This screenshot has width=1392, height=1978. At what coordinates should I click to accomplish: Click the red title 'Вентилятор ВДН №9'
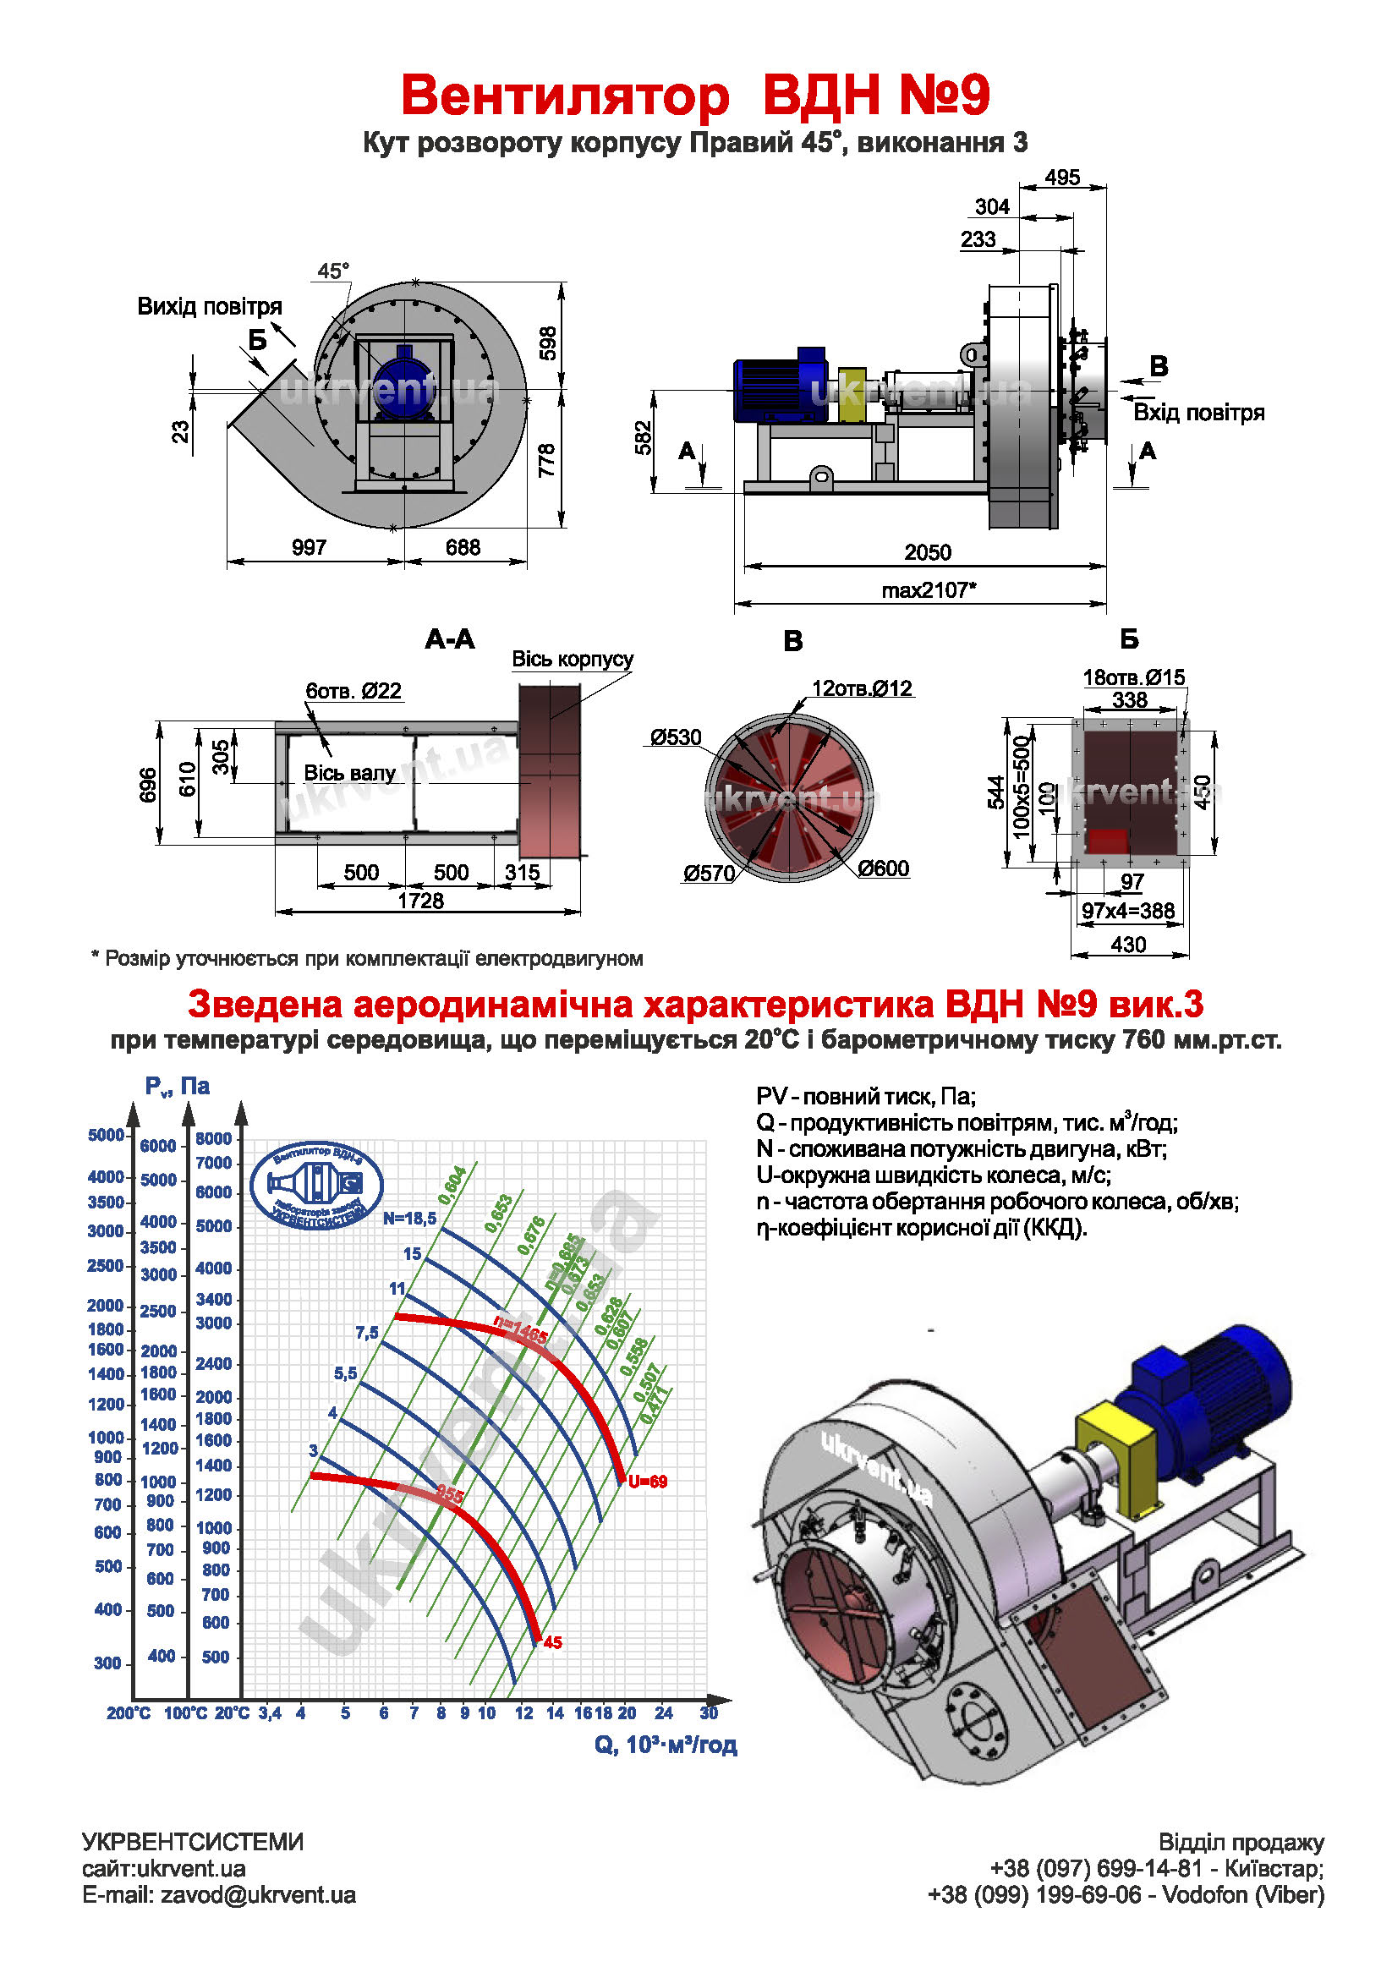tap(695, 95)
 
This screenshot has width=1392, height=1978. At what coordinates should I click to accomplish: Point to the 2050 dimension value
tap(927, 552)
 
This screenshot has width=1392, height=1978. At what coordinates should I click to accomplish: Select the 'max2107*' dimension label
tap(929, 590)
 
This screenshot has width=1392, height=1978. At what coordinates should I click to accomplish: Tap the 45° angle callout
tap(332, 271)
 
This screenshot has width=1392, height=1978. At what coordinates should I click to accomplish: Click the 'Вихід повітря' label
tap(210, 307)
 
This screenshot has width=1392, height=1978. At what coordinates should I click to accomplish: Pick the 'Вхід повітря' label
tap(1198, 413)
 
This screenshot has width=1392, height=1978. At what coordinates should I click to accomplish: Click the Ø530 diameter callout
tap(676, 737)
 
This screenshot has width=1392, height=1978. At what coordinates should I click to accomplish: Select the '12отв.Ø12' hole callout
tap(862, 688)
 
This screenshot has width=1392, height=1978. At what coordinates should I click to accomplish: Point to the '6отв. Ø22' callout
tap(353, 691)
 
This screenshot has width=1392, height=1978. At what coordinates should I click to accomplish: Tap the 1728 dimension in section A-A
tap(420, 901)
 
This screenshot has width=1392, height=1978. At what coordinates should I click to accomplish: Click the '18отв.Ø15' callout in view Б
tap(1133, 677)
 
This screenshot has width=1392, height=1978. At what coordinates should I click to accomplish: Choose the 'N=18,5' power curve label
tap(410, 1218)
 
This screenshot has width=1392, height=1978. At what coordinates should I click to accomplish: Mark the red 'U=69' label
tap(648, 1482)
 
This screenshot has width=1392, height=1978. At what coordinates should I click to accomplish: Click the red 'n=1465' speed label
tap(520, 1330)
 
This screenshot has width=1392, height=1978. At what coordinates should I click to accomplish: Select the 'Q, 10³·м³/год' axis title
tap(665, 1745)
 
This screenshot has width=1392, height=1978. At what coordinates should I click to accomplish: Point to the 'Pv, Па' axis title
tap(178, 1087)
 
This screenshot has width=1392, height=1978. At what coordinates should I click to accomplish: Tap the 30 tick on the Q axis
tap(709, 1712)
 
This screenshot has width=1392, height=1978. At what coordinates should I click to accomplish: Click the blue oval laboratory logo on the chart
tap(316, 1186)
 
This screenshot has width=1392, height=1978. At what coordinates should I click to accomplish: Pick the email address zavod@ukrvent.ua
tap(258, 1895)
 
